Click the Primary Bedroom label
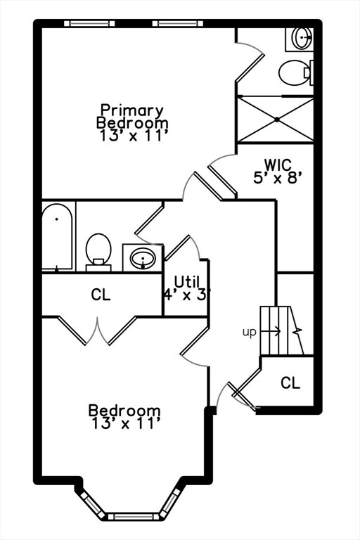133,123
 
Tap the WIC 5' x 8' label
278,171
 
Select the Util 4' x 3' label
186,288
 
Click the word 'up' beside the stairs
250,333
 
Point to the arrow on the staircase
271,331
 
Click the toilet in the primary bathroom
295,72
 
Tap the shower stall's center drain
277,120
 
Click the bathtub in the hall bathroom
57,237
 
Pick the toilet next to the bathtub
98,252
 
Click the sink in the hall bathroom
143,258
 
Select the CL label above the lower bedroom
101,295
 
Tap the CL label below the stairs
290,382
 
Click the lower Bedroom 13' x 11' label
124,417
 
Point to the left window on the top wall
89,23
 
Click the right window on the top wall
178,23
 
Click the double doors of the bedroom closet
98,330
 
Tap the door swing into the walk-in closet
222,176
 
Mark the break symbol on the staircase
297,331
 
